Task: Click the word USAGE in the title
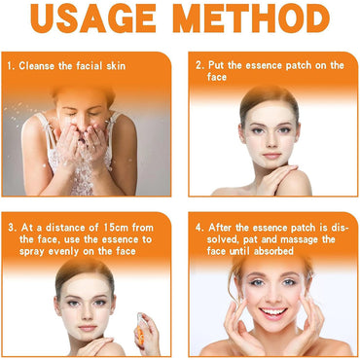click(93, 18)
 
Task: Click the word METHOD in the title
click(253, 18)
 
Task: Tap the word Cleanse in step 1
click(37, 66)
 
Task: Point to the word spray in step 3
click(32, 252)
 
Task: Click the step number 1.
click(11, 66)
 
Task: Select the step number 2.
click(199, 65)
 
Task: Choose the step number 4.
click(199, 228)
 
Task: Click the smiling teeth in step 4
click(273, 312)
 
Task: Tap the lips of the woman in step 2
click(271, 156)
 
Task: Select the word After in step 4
click(221, 228)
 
